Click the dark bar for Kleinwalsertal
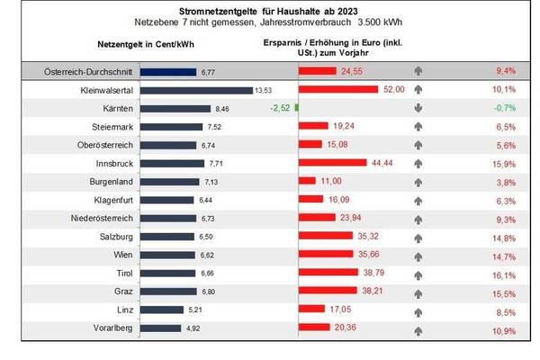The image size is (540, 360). (197, 90)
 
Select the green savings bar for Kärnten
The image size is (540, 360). (296, 108)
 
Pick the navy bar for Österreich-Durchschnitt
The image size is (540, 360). (171, 70)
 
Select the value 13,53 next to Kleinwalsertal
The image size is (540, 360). (264, 90)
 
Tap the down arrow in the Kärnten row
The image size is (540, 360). (418, 109)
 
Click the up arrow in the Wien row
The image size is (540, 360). (418, 255)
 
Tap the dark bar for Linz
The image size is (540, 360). (171, 310)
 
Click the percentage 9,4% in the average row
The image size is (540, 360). (505, 70)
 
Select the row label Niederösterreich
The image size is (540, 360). (94, 218)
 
